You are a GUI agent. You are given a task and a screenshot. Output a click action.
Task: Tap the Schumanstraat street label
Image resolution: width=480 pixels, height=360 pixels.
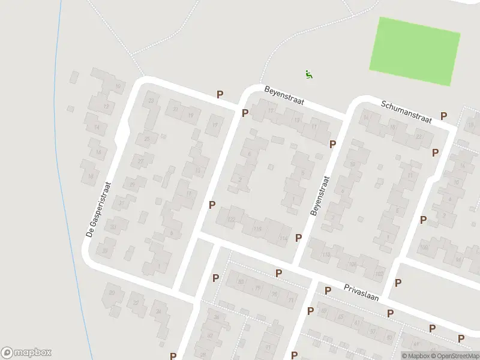[x=406, y=112]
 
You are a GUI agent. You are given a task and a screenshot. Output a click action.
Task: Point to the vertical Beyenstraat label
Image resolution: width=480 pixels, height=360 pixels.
[x=319, y=196]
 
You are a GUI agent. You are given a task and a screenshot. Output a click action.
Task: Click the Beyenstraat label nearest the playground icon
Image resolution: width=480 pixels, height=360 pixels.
[x=284, y=95]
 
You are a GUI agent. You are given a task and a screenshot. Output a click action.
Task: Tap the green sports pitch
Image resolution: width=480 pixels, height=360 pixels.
[x=414, y=51]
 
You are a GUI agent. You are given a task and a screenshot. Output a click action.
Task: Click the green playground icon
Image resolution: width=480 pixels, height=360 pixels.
[x=309, y=75]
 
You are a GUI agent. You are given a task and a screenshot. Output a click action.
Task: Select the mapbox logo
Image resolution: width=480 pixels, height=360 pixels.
[x=26, y=353]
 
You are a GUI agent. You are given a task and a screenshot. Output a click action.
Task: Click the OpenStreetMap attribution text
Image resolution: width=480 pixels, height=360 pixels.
[x=454, y=356]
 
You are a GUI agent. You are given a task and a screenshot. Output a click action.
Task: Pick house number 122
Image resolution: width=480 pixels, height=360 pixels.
[x=231, y=220]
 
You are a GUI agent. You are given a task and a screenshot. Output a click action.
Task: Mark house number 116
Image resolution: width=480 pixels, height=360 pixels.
[x=258, y=229]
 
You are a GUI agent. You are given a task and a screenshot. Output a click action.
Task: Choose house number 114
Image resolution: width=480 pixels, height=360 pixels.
[x=284, y=239]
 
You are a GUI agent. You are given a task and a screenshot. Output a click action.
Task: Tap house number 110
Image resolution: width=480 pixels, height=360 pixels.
[x=326, y=255]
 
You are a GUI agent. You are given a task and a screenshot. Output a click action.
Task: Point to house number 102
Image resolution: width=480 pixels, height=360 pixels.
[x=379, y=274]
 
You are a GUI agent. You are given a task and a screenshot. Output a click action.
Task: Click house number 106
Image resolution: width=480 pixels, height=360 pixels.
[x=352, y=264]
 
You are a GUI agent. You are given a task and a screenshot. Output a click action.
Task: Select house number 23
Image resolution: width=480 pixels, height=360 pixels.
[x=151, y=100]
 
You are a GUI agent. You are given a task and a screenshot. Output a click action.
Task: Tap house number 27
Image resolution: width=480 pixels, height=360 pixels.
[x=140, y=161]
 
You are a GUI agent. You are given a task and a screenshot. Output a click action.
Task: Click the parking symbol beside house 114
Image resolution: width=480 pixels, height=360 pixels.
[x=298, y=238]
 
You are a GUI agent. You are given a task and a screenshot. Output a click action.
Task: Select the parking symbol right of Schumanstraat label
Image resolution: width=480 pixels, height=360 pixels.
[x=444, y=116]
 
